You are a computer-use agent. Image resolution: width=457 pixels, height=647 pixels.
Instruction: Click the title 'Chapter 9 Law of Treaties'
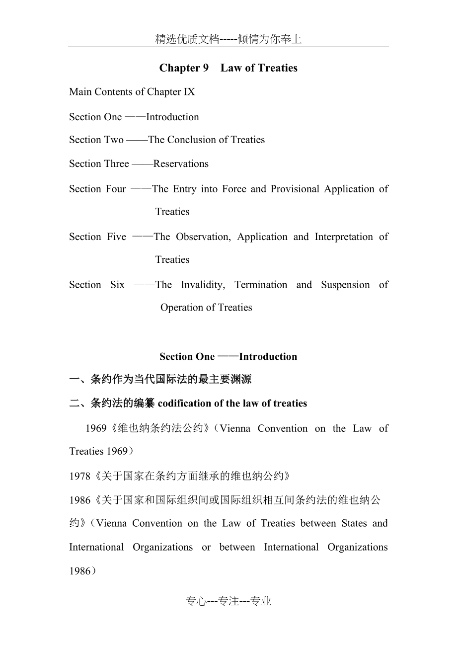228,68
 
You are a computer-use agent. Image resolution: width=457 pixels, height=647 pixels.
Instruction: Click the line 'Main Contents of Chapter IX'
132,92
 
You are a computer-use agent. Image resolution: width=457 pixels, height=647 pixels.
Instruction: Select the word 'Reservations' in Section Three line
181,164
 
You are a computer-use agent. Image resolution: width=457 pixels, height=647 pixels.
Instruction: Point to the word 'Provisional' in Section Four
295,189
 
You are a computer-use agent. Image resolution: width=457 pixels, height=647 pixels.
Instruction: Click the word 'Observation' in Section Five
203,237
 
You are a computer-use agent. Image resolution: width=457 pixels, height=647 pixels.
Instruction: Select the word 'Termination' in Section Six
261,285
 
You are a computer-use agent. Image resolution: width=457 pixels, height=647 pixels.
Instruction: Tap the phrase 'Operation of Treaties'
206,308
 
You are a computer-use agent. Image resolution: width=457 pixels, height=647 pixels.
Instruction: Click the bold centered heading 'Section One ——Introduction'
228,357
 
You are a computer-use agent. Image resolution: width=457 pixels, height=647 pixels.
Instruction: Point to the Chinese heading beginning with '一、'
160,380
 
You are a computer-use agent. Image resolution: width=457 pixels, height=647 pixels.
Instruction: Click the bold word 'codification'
184,404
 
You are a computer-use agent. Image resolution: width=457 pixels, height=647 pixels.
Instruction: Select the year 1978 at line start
79,476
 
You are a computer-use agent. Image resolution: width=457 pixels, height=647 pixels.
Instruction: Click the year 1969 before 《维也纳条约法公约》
96,429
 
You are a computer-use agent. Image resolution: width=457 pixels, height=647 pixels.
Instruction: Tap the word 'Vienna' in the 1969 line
234,429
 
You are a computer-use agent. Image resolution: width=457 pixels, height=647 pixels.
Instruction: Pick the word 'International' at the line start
97,547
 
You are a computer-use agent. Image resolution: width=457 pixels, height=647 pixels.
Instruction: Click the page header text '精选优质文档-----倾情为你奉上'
228,39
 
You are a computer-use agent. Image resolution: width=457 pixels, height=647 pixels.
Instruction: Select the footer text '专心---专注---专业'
228,602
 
